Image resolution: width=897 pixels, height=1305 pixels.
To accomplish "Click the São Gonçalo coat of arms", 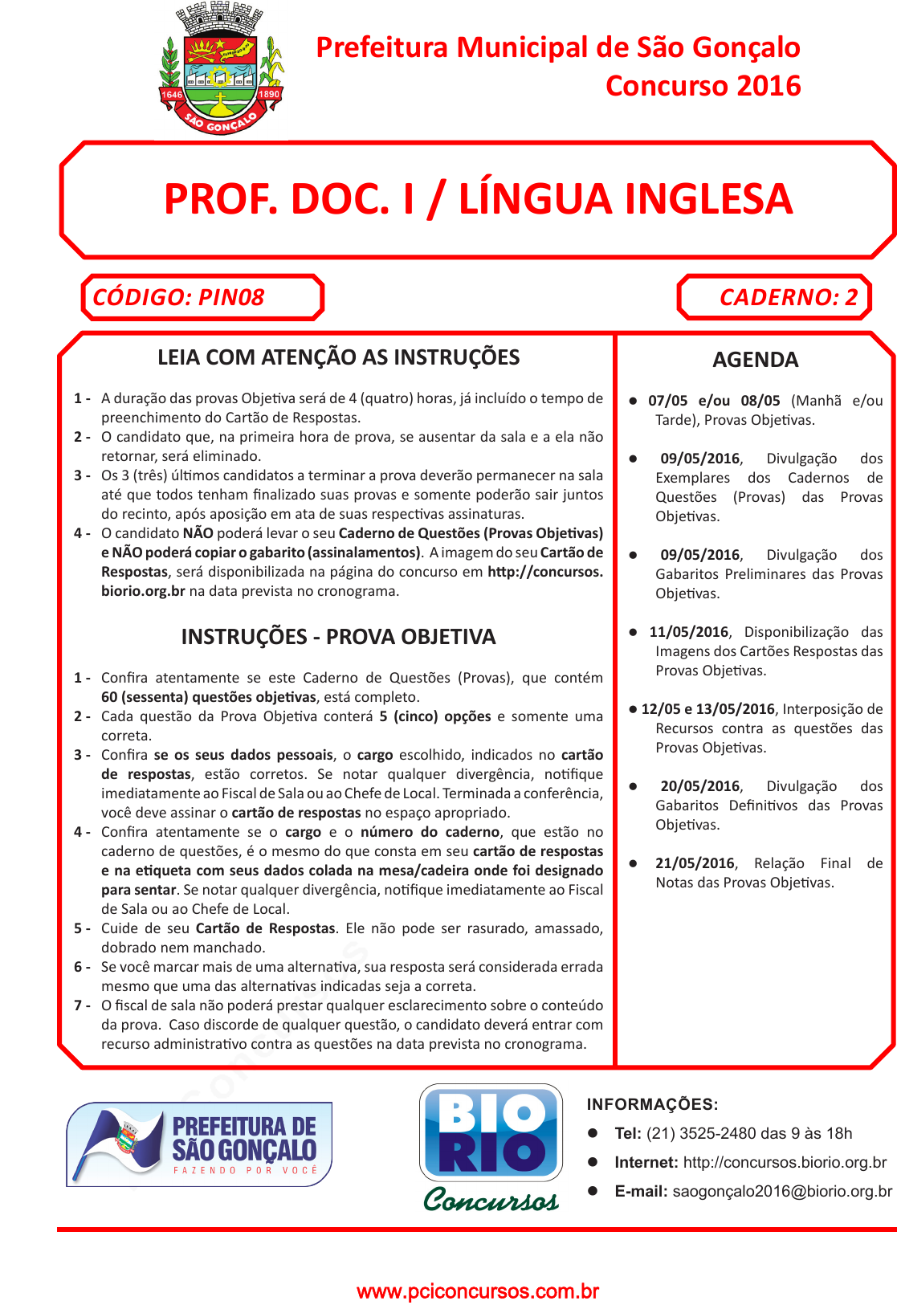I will pos(221,71).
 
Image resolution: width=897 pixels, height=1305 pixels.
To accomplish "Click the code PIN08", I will pos(231,297).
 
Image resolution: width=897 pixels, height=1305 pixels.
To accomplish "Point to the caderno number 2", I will pos(851,297).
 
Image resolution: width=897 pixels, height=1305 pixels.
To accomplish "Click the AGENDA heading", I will pos(755,360).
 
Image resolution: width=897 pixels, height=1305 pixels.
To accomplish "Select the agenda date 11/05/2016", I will pos(688,632).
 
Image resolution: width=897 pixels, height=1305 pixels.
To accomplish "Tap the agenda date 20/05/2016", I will pos(699,786).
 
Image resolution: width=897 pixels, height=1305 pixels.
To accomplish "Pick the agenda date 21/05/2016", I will pos(695,863).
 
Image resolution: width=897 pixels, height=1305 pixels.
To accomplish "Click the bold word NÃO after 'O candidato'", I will pos(198,533).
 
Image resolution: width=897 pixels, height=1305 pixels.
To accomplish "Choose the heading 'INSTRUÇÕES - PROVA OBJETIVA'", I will pos(338,637).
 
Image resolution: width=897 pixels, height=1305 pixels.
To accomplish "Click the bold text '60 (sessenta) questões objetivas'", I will pos(209,697).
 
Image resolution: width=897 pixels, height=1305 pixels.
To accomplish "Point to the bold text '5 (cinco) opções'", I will pos(435,716).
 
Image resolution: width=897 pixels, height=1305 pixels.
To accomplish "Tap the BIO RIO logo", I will pos(491,1132).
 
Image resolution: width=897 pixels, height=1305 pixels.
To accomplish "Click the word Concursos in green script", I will pos(491,1199).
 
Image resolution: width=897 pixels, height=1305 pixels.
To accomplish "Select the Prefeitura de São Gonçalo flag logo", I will pos(199,1144).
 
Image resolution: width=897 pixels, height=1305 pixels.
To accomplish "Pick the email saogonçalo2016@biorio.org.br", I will pos(782,1191).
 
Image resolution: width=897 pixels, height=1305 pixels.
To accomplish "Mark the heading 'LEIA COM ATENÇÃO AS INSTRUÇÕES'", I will pos(338,357).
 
